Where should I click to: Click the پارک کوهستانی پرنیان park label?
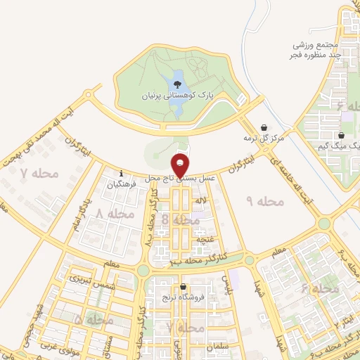(176, 94)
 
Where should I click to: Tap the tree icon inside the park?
(176, 85)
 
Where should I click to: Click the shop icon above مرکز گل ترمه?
(263, 128)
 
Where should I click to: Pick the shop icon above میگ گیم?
(341, 136)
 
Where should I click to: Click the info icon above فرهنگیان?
(122, 173)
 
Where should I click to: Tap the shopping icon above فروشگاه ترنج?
(184, 287)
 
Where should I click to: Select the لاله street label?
(201, 202)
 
